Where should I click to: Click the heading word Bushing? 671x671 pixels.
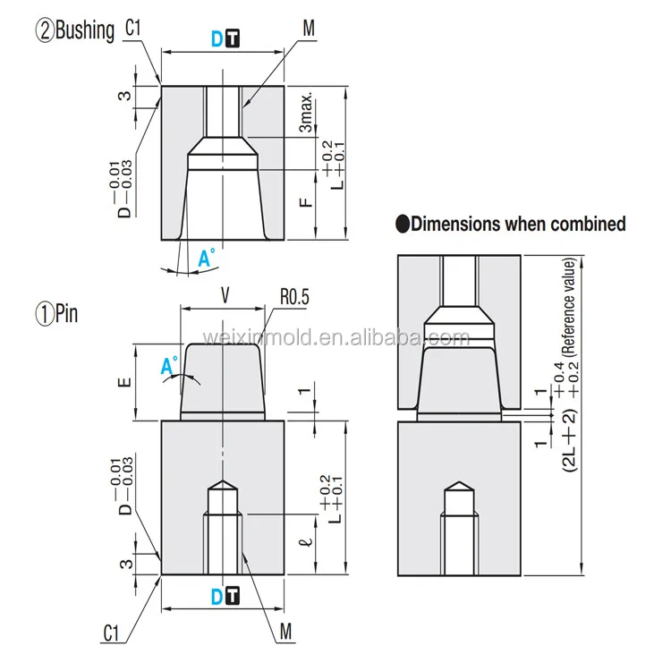click(87, 32)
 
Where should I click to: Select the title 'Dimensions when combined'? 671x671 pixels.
click(517, 225)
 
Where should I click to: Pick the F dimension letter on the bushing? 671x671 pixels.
click(305, 200)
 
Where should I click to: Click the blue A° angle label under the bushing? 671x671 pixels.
click(206, 259)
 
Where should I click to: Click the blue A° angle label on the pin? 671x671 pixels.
click(168, 365)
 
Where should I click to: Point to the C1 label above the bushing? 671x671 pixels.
click(134, 30)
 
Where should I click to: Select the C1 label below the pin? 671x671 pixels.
click(110, 633)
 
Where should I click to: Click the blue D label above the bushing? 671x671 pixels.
click(216, 38)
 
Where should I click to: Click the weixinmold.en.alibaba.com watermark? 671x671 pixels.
click(335, 338)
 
